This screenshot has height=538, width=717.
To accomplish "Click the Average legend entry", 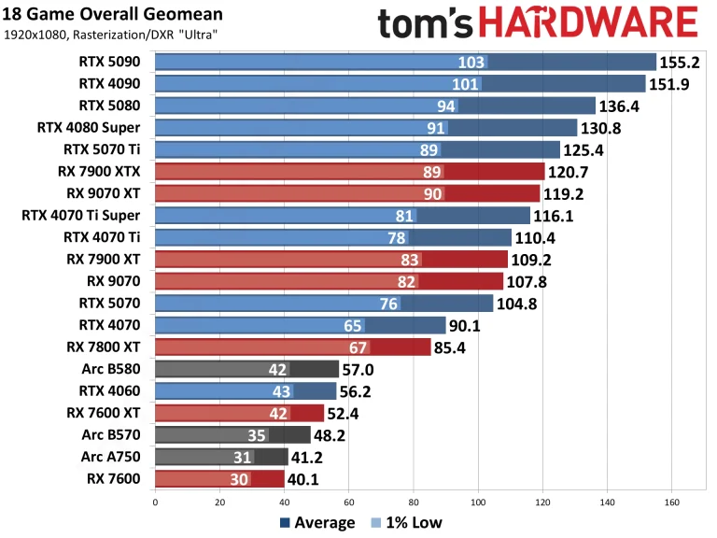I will tap(316, 522).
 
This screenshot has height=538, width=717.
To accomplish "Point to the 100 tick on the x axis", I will tap(478, 502).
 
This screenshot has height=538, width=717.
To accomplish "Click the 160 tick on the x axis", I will tap(672, 502).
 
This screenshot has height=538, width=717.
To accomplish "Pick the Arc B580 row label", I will tap(115, 369).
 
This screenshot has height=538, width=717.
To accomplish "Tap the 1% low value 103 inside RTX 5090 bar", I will tap(472, 63).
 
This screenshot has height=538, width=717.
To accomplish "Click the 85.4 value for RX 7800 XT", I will tap(455, 347).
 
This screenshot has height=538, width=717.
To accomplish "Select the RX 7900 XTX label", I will tap(105, 172).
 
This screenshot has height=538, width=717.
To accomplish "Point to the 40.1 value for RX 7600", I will tap(308, 478).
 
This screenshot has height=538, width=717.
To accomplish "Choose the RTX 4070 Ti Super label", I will tap(87, 216).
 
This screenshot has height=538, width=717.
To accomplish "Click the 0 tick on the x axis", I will tap(155, 502).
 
